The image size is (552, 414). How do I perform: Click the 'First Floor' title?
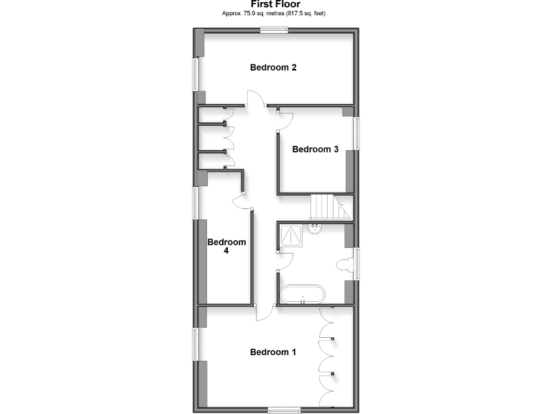276,4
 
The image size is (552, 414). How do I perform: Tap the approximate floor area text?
276,13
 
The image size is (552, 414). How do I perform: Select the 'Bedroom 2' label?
273,68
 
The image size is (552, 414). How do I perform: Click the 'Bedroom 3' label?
315,149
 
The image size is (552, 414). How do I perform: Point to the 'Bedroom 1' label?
273,352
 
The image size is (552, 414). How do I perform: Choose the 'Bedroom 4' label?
226,247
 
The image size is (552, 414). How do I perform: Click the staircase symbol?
329,208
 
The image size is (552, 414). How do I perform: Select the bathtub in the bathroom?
303,294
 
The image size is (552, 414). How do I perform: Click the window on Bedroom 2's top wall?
274,30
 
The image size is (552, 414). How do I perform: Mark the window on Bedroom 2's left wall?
194,74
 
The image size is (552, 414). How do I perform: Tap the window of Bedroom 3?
356,133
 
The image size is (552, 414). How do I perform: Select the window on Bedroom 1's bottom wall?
283,410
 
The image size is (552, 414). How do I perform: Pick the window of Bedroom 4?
194,203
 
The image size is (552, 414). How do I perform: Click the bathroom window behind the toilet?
356,264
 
